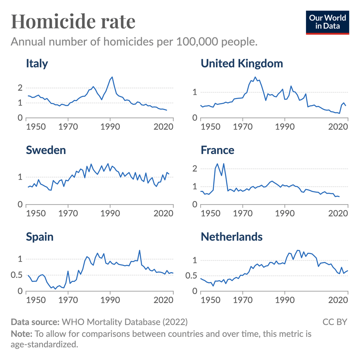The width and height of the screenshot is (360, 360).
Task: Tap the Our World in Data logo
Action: pos(328,22)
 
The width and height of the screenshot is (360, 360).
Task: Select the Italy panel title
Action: pos(37,64)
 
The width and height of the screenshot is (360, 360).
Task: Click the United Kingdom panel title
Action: pos(242,64)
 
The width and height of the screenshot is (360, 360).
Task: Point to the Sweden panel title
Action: pos(46,150)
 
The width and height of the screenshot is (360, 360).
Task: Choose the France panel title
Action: pos(217,150)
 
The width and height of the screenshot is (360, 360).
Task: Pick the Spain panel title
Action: pos(40,237)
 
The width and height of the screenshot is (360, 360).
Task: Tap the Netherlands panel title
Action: pos(231,237)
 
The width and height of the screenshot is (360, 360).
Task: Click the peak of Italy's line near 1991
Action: pos(112,77)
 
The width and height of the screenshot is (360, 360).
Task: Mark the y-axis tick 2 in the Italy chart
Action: pos(20,88)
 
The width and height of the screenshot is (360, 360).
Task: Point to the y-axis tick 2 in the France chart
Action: pos(195,169)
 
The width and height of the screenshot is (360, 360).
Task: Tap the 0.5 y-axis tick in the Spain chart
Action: pos(17,275)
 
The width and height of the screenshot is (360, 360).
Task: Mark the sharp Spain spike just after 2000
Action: pos(139,251)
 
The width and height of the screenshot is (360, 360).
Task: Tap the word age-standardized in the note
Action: pos(44,344)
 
